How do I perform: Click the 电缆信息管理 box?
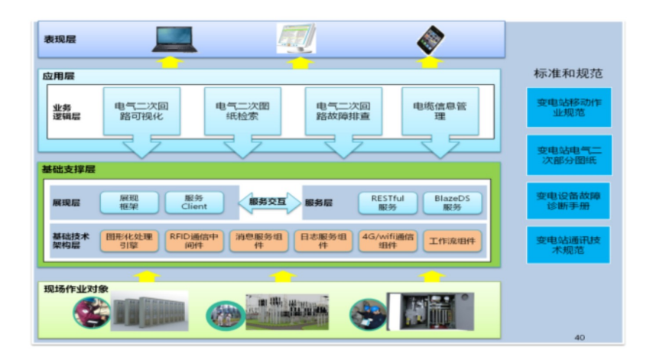[440, 112]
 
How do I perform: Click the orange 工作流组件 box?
[453, 242]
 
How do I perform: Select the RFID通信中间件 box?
[195, 242]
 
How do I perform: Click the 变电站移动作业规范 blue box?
[568, 107]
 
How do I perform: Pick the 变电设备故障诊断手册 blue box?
[568, 200]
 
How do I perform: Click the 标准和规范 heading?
[568, 74]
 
